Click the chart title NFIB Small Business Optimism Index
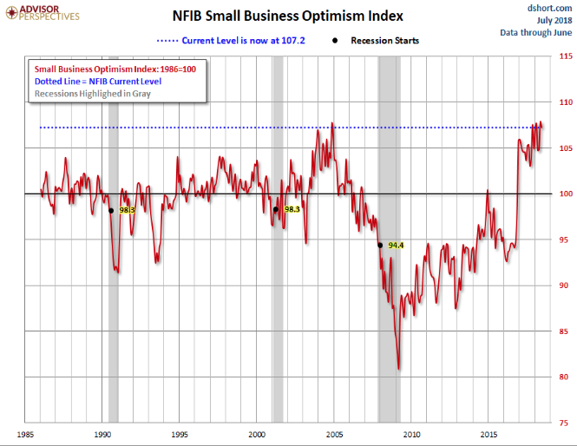(x=289, y=15)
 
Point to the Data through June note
(x=535, y=32)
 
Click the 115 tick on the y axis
(x=564, y=56)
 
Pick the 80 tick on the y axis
(x=564, y=377)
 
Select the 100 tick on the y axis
(x=564, y=194)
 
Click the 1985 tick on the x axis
(x=25, y=433)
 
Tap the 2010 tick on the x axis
(x=410, y=433)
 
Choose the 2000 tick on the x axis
(x=257, y=433)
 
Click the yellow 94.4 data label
(x=397, y=246)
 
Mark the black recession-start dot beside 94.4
(x=380, y=245)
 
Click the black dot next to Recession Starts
(x=335, y=41)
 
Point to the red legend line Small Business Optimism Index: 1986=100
(x=114, y=68)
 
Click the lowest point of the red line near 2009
(x=399, y=369)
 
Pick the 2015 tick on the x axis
(x=488, y=433)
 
